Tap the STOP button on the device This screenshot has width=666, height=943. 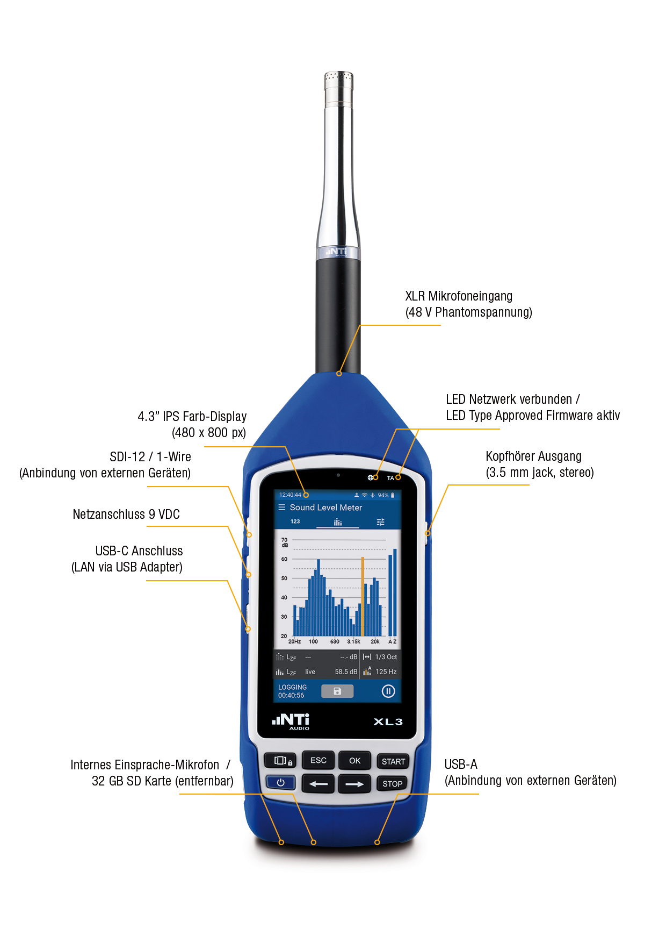393,783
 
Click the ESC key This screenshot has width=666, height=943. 318,760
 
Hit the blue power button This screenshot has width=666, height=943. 280,783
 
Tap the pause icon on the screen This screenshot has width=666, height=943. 388,691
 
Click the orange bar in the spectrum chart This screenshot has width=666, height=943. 363,597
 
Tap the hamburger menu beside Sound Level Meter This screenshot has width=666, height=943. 281,507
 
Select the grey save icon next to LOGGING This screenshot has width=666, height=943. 337,691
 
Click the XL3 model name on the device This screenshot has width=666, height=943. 388,721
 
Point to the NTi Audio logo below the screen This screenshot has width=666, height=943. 291,721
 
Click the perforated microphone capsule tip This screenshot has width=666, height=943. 338,80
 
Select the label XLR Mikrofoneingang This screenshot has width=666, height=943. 459,296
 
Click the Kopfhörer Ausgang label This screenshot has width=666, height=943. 533,456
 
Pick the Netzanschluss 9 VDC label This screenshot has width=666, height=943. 126,515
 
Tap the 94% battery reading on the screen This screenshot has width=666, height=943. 383,495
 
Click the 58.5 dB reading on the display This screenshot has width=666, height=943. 346,671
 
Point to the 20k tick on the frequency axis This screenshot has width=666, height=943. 375,641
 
